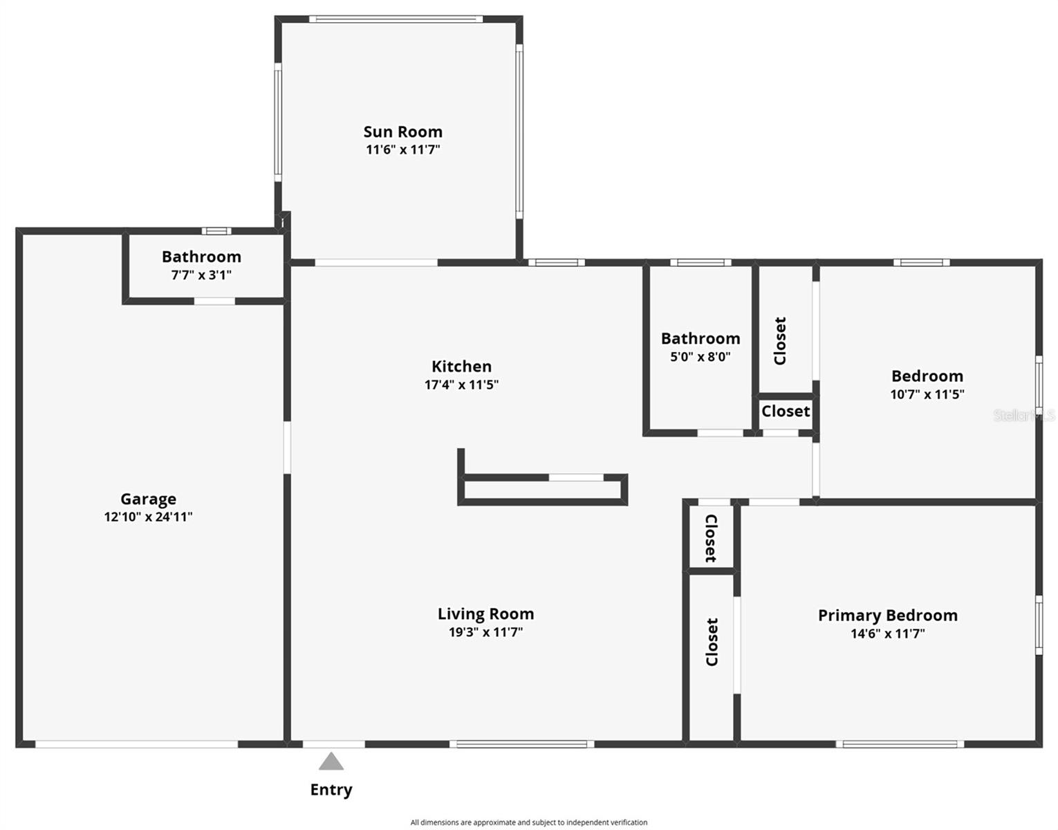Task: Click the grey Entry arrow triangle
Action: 331,762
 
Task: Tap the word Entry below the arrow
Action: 331,790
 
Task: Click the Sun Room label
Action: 402,131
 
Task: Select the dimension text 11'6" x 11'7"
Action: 402,149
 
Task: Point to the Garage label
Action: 148,499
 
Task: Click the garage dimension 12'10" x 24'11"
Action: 148,517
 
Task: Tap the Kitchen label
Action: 461,367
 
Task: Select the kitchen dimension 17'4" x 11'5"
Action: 461,385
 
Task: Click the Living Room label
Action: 485,614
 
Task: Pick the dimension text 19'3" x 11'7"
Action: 485,631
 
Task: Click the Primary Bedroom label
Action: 887,615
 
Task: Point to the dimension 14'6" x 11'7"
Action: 887,634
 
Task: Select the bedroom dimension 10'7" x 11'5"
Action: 927,394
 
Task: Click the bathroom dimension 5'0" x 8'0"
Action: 700,357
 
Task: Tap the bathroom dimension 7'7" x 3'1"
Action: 201,275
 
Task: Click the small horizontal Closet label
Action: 786,411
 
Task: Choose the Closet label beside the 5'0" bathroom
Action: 780,341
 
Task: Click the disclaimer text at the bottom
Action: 529,822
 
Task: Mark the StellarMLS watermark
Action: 1023,415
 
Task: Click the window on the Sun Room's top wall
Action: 396,19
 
